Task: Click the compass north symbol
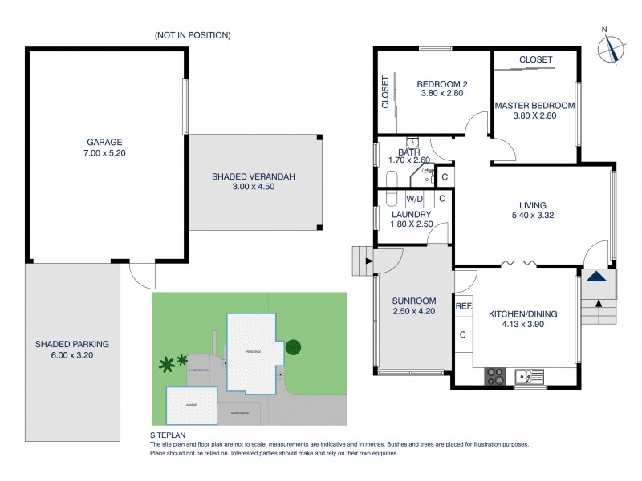tap(612, 48)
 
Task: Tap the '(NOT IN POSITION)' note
tap(193, 35)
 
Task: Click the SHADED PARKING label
tap(71, 350)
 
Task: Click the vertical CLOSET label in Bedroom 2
tap(386, 92)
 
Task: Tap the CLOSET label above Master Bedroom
tap(535, 60)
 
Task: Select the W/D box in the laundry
tap(415, 199)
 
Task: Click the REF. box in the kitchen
tap(463, 306)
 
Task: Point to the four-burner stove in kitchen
tap(495, 375)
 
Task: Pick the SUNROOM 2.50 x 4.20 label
tap(413, 307)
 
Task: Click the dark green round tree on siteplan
tap(295, 347)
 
